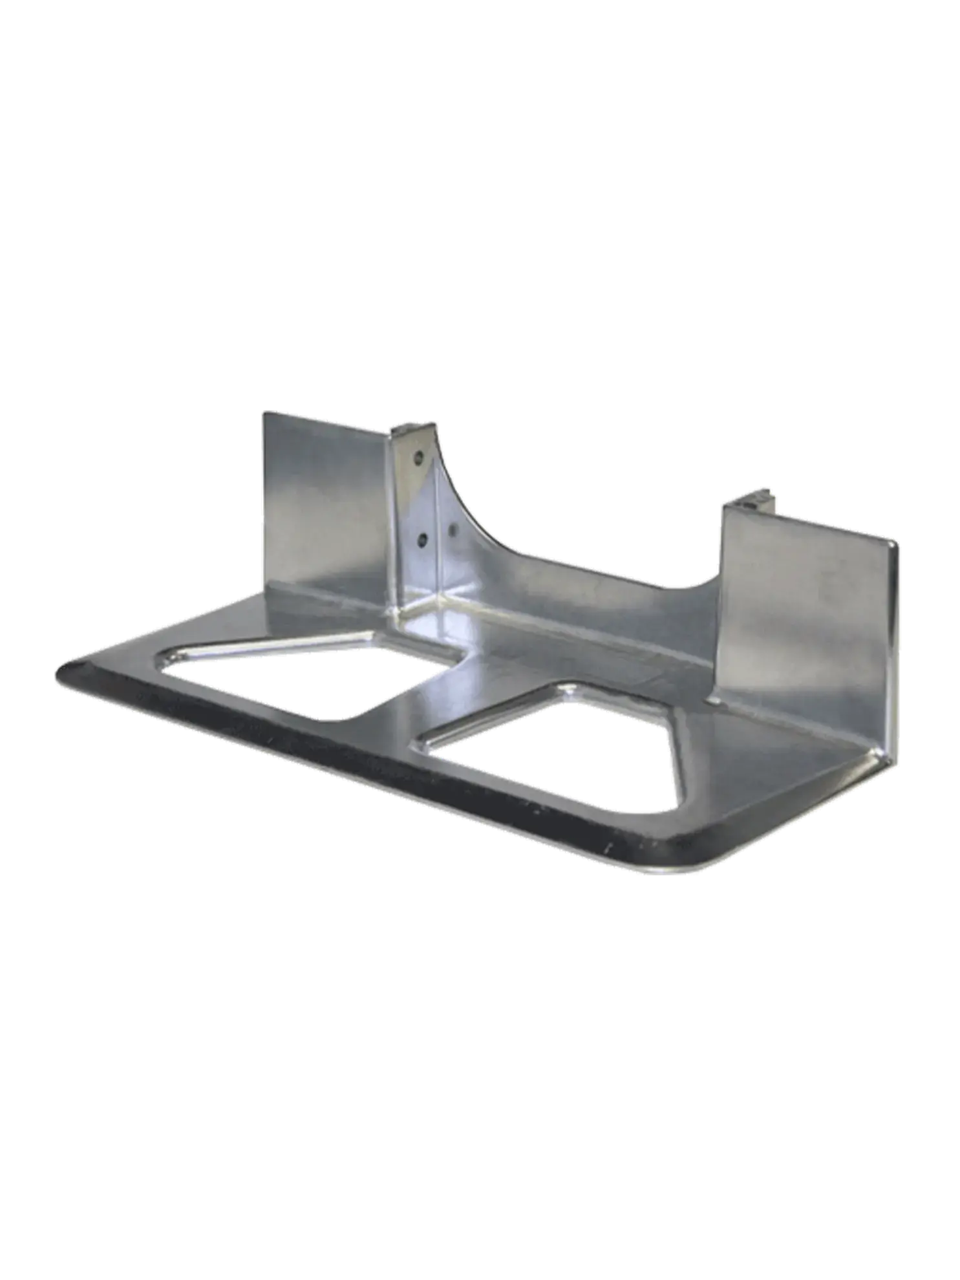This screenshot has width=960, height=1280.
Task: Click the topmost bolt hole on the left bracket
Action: [418, 456]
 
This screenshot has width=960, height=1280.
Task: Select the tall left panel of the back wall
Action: [323, 498]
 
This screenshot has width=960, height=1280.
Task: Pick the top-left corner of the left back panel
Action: [262, 412]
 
